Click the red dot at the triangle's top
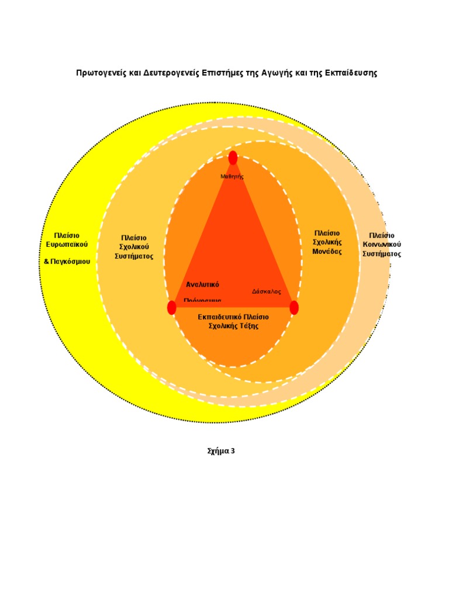pos(233,158)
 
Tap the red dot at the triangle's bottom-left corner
pos(171,308)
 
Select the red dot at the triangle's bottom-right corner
pos(294,308)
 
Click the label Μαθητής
pos(232,176)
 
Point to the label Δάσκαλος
pos(267,291)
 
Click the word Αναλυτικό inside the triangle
pos(202,285)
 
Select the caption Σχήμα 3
pos(221,451)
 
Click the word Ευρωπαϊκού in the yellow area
pos(67,245)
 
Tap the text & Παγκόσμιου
pos(67,261)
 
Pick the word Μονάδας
pos(327,252)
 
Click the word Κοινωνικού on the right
pos(382,245)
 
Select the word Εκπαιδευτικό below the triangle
pos(217,317)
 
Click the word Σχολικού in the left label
pos(134,247)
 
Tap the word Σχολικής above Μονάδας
pos(327,242)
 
